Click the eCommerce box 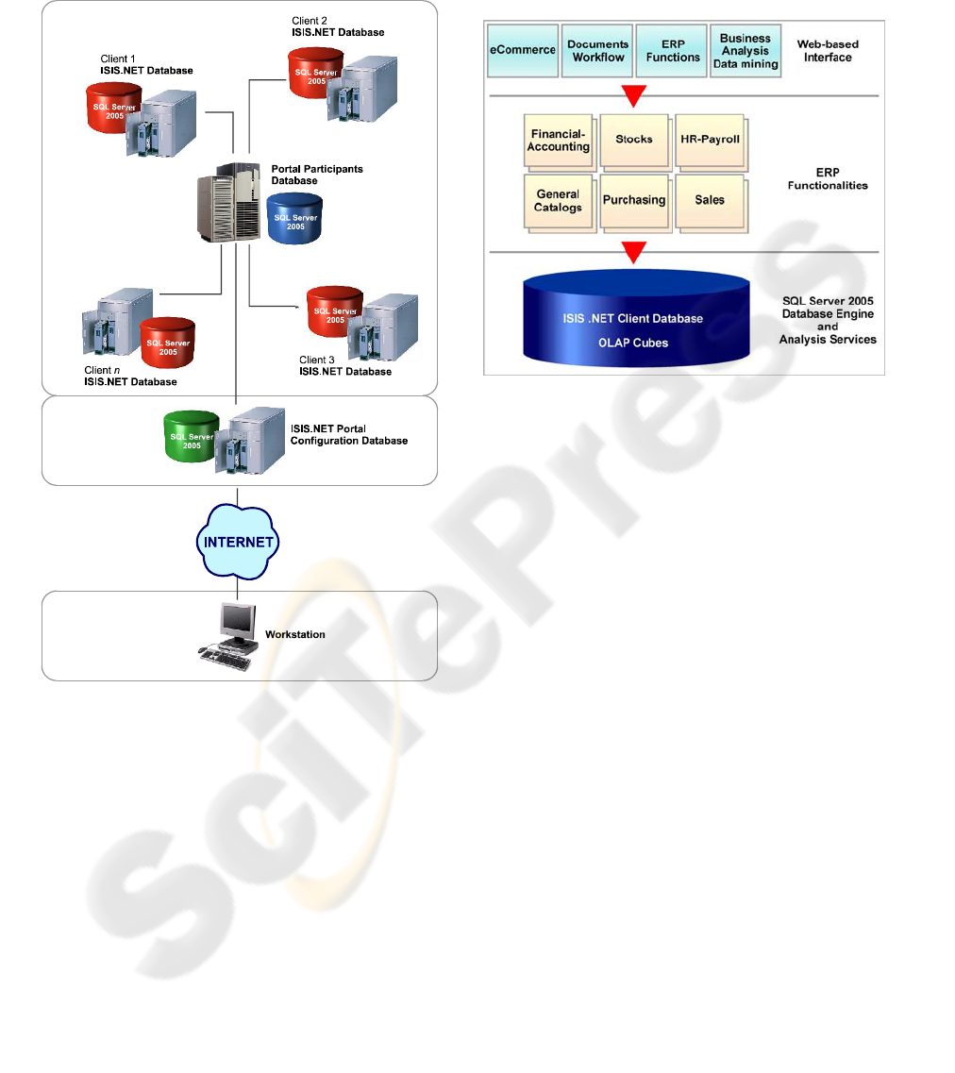[x=522, y=51]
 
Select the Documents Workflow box [x=598, y=51]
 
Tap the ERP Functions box [x=672, y=51]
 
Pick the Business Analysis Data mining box [x=746, y=51]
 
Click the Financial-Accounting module [x=559, y=141]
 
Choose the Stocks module [x=634, y=141]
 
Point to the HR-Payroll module [x=710, y=141]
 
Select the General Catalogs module [x=559, y=200]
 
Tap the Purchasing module [x=634, y=200]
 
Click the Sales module [x=710, y=200]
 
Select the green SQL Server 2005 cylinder [x=191, y=437]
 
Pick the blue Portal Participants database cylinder [x=294, y=221]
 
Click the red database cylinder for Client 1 [x=115, y=109]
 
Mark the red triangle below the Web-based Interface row [x=634, y=95]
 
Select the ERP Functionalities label [x=828, y=179]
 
